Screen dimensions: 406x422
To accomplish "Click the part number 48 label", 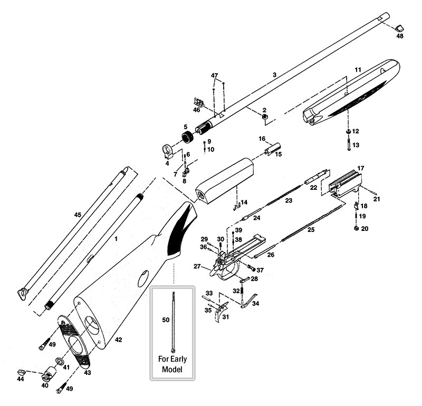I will click(399, 36).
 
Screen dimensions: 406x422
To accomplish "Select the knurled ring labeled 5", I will click(187, 139).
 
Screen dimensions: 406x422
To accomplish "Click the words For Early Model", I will click(173, 364).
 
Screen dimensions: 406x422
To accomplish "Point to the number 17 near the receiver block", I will click(361, 168).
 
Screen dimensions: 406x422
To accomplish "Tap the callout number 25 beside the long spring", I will click(311, 230).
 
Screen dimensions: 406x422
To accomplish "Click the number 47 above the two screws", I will click(214, 76).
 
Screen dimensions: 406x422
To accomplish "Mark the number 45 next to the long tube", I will click(78, 215).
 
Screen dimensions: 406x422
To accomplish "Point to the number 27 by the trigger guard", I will click(197, 266).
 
